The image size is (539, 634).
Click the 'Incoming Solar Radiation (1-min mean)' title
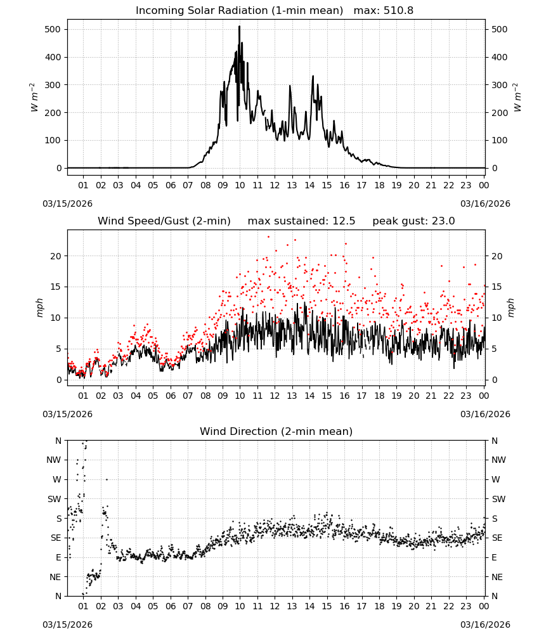coord(239,11)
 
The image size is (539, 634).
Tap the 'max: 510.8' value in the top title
coord(384,11)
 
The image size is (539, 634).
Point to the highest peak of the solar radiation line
coord(239,27)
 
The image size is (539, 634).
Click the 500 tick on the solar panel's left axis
coord(53,30)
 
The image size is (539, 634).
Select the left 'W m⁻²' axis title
coord(34,98)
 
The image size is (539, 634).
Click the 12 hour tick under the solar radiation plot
coord(275,186)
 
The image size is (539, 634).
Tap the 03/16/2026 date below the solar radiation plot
coord(485,204)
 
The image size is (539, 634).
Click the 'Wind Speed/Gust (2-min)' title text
coord(164,221)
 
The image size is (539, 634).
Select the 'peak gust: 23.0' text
coord(413,221)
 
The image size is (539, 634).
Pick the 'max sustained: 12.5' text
coord(301,221)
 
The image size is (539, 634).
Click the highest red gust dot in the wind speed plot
coord(268,237)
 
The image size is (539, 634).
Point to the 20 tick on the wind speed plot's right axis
coord(497,256)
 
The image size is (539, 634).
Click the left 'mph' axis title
coord(39,307)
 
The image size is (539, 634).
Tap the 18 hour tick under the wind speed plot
coord(379,396)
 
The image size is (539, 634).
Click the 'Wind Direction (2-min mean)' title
coord(276,431)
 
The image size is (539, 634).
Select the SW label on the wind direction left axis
coord(54,500)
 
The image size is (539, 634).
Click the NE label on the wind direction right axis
coord(497,578)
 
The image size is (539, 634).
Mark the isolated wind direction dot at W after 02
coord(107,479)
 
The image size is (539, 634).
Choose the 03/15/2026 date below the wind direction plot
coord(67,624)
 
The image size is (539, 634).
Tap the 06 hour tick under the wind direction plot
coord(170,607)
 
